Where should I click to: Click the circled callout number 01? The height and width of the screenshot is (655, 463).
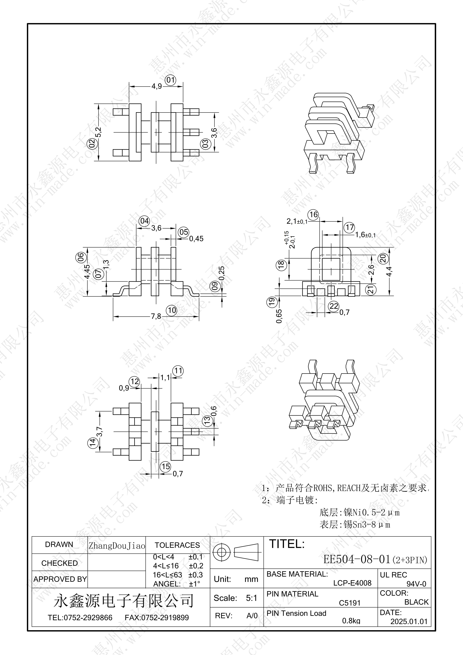pos(171,80)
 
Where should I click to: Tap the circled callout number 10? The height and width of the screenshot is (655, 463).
pos(172,310)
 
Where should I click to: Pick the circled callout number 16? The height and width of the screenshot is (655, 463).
pos(313,215)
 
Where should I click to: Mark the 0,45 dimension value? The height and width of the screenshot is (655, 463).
pos(196,239)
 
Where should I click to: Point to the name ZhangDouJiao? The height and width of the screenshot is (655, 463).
pos(117,546)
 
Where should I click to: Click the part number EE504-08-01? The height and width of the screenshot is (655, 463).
pos(357,559)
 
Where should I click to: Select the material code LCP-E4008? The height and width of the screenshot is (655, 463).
pos(352,583)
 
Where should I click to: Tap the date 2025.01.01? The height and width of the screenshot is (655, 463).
pos(409,621)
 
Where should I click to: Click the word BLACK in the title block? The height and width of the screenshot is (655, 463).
pos(416,602)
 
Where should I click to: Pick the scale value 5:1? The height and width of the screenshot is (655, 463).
pos(251,598)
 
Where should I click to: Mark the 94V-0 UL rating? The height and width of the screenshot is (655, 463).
pos(416,584)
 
